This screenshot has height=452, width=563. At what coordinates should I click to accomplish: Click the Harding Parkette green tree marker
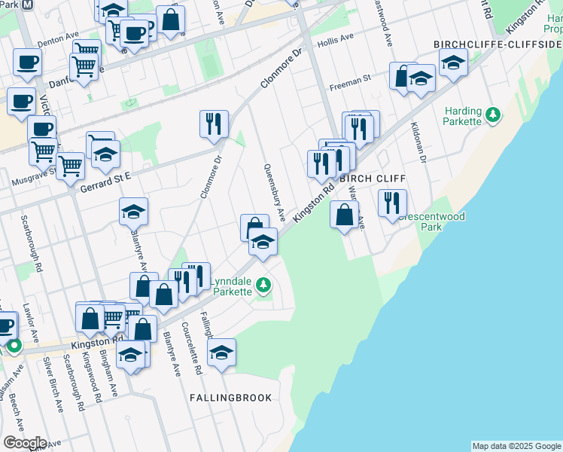493,115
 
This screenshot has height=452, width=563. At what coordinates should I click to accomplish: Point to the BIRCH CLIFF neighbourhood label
373,179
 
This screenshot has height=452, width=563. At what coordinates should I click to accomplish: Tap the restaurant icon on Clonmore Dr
214,123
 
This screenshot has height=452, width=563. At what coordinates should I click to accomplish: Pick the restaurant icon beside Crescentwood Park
392,202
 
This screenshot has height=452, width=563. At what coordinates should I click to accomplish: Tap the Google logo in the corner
24,442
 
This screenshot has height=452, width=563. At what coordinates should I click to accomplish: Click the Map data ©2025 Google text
516,446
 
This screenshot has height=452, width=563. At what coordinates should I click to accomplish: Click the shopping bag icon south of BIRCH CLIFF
344,214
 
